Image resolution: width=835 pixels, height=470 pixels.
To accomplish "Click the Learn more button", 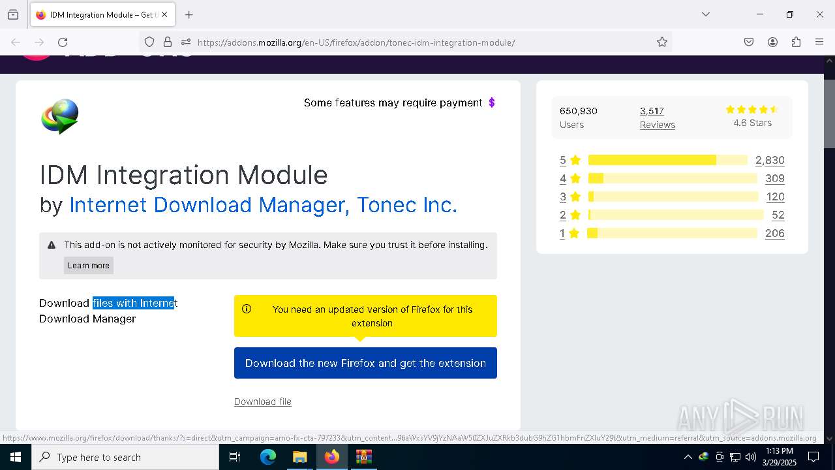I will click(89, 265).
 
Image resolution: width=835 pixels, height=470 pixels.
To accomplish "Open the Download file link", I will click(262, 401).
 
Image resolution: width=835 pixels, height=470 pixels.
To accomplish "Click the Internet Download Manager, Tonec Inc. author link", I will click(263, 205).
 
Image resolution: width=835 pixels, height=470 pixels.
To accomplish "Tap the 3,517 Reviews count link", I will click(652, 111).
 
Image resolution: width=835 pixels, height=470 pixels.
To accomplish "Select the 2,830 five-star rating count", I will click(770, 160).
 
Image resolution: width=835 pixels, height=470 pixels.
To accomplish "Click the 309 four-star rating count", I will click(774, 178).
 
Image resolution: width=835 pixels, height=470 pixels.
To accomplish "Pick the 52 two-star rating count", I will click(778, 215).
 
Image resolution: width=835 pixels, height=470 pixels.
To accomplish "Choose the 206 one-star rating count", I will click(774, 233).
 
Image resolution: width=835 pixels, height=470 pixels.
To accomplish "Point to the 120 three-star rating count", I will click(775, 196).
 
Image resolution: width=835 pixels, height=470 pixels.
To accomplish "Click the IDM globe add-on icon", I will click(60, 116).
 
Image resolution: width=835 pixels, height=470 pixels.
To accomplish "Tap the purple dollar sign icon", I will click(492, 102).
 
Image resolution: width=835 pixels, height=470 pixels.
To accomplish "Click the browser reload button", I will click(63, 42).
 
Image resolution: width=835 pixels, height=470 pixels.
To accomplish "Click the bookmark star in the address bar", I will click(662, 42).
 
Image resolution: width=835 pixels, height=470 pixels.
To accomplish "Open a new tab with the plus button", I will click(189, 14).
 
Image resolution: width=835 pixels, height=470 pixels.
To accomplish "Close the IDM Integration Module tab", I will click(164, 14).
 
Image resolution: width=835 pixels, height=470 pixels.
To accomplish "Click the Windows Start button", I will click(16, 457).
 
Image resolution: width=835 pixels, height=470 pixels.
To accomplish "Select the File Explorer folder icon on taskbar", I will click(299, 457).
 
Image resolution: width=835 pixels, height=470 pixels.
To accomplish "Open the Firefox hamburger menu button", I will click(819, 42).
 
